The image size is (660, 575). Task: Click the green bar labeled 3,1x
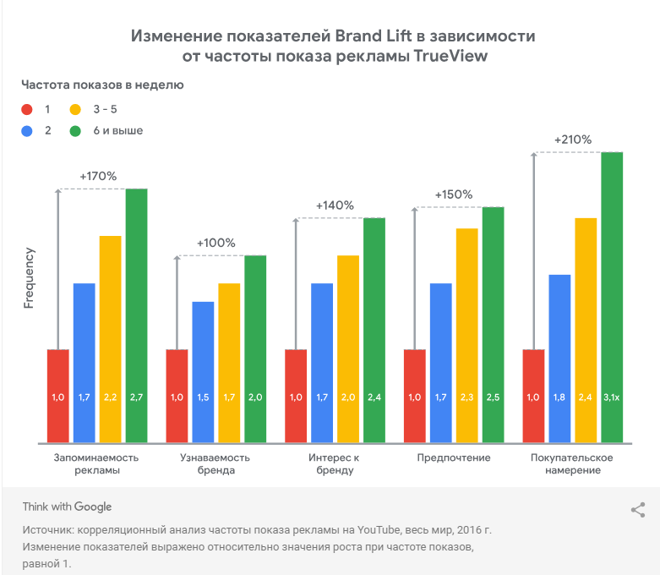pos(611,296)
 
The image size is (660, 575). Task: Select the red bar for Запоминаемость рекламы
pos(57,395)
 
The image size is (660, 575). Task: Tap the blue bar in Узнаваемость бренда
pos(203,371)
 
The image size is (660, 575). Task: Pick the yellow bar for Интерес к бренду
pos(348,348)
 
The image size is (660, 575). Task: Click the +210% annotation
pos(573,140)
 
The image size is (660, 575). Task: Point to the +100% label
pos(215,243)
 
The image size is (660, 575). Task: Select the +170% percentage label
pos(98,176)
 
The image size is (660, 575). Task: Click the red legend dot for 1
pos(27,109)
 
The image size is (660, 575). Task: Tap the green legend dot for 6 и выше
pos(75,131)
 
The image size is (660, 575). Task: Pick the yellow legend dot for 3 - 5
pos(75,109)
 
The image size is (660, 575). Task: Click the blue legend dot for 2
pos(27,131)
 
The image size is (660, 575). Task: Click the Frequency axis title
pos(29,277)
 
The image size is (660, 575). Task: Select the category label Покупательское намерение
pos(572,463)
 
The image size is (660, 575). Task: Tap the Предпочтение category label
pos(454,457)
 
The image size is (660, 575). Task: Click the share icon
pos(638,510)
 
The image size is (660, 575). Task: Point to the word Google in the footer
pos(93,507)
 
